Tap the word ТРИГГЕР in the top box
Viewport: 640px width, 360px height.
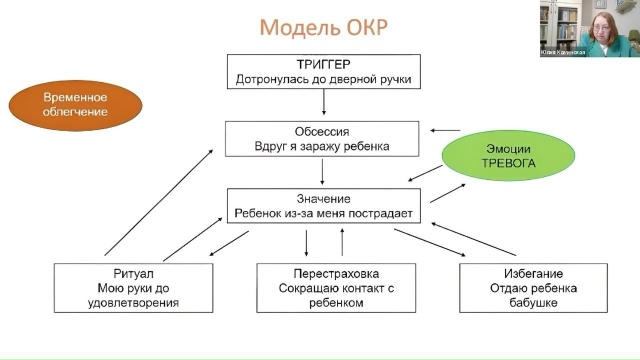pos(323,63)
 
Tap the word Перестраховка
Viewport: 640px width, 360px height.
pos(330,272)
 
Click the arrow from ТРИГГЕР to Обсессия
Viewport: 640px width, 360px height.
pos(324,102)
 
